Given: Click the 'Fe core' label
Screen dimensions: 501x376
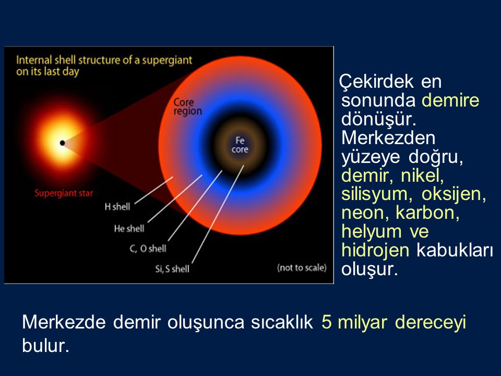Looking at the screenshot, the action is click(240, 145).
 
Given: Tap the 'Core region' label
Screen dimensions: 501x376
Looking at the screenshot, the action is click(187, 107).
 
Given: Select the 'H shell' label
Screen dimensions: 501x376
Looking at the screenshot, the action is click(117, 207).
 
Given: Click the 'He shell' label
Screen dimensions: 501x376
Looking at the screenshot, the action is click(129, 228).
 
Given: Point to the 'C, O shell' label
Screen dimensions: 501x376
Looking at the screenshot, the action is click(148, 249).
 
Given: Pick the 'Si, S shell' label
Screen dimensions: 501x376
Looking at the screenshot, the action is click(172, 269).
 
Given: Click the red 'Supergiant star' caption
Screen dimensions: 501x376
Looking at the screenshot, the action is click(64, 193).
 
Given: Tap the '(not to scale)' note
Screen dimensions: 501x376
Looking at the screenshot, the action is click(302, 267).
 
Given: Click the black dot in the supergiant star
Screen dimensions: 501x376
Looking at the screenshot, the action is click(62, 143).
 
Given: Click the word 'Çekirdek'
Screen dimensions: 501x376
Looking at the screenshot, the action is click(376, 81).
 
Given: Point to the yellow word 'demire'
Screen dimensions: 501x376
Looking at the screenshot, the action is click(450, 100).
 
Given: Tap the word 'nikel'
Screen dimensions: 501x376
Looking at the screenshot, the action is click(422, 175).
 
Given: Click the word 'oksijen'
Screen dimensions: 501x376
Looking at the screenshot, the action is click(454, 194).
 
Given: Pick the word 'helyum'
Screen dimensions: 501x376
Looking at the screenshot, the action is click(372, 231).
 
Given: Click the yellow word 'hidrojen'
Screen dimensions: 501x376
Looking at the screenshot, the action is click(375, 250).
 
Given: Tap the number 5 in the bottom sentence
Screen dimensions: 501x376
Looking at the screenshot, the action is click(326, 322).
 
